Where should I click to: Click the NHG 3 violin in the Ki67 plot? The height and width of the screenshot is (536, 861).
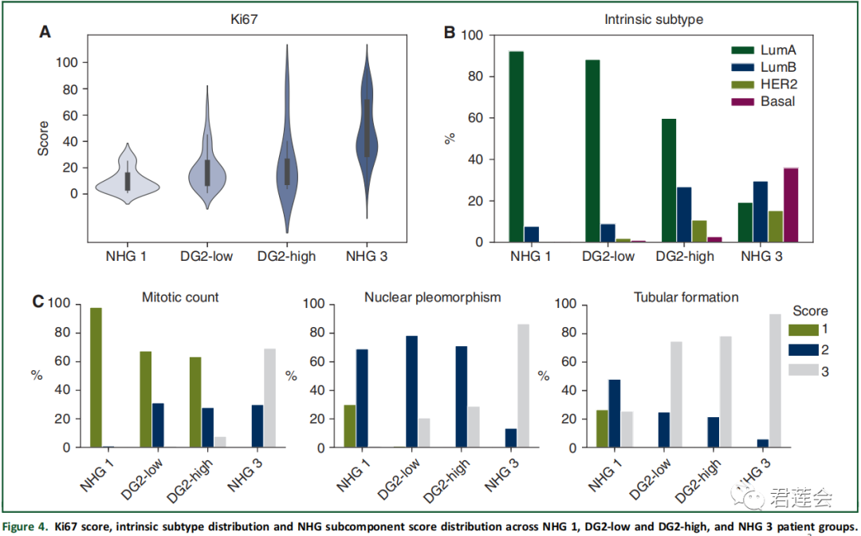pyautogui.click(x=367, y=128)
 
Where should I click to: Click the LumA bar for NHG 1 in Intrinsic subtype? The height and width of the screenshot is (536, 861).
pyautogui.click(x=517, y=147)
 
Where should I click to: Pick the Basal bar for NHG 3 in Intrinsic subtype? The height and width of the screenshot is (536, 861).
pyautogui.click(x=791, y=205)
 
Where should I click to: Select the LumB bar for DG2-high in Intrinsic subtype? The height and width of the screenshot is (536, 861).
pyautogui.click(x=684, y=215)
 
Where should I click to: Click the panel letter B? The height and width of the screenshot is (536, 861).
pyautogui.click(x=449, y=33)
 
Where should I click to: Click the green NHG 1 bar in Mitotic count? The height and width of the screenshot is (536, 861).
pyautogui.click(x=96, y=377)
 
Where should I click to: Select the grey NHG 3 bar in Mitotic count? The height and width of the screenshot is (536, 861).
pyautogui.click(x=270, y=398)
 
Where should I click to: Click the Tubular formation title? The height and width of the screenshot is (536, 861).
pyautogui.click(x=686, y=298)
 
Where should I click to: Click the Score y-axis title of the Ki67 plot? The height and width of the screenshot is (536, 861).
pyautogui.click(x=44, y=137)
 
